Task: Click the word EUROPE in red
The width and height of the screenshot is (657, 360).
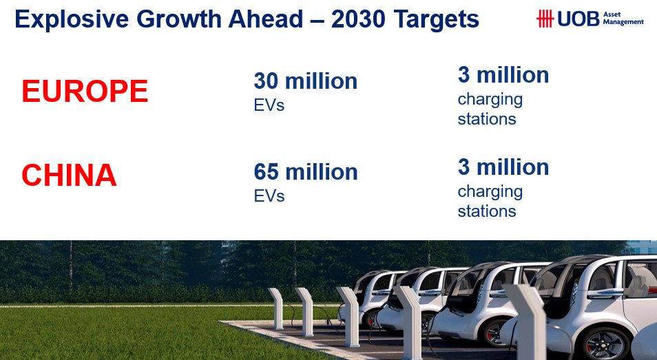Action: coord(85,91)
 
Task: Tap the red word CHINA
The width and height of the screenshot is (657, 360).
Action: coord(69,175)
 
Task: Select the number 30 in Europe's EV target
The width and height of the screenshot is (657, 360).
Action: coord(266,81)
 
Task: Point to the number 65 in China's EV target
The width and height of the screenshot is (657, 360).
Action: coord(266,171)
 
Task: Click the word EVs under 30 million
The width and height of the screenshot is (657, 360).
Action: coord(269,105)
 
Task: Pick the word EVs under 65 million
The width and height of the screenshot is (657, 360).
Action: coord(269,196)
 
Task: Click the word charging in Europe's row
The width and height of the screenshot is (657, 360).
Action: coord(490,100)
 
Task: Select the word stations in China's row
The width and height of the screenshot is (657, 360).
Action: coord(486,211)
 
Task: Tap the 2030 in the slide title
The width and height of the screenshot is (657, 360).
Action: coord(358,19)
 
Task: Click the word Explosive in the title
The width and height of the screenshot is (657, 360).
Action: coord(72,19)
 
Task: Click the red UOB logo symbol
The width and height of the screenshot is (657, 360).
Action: coord(545,19)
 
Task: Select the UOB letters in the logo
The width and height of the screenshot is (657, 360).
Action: coord(578,19)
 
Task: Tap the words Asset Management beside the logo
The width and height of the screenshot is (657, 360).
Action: coord(623,18)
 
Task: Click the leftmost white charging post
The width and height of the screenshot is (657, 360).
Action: coord(277,308)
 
